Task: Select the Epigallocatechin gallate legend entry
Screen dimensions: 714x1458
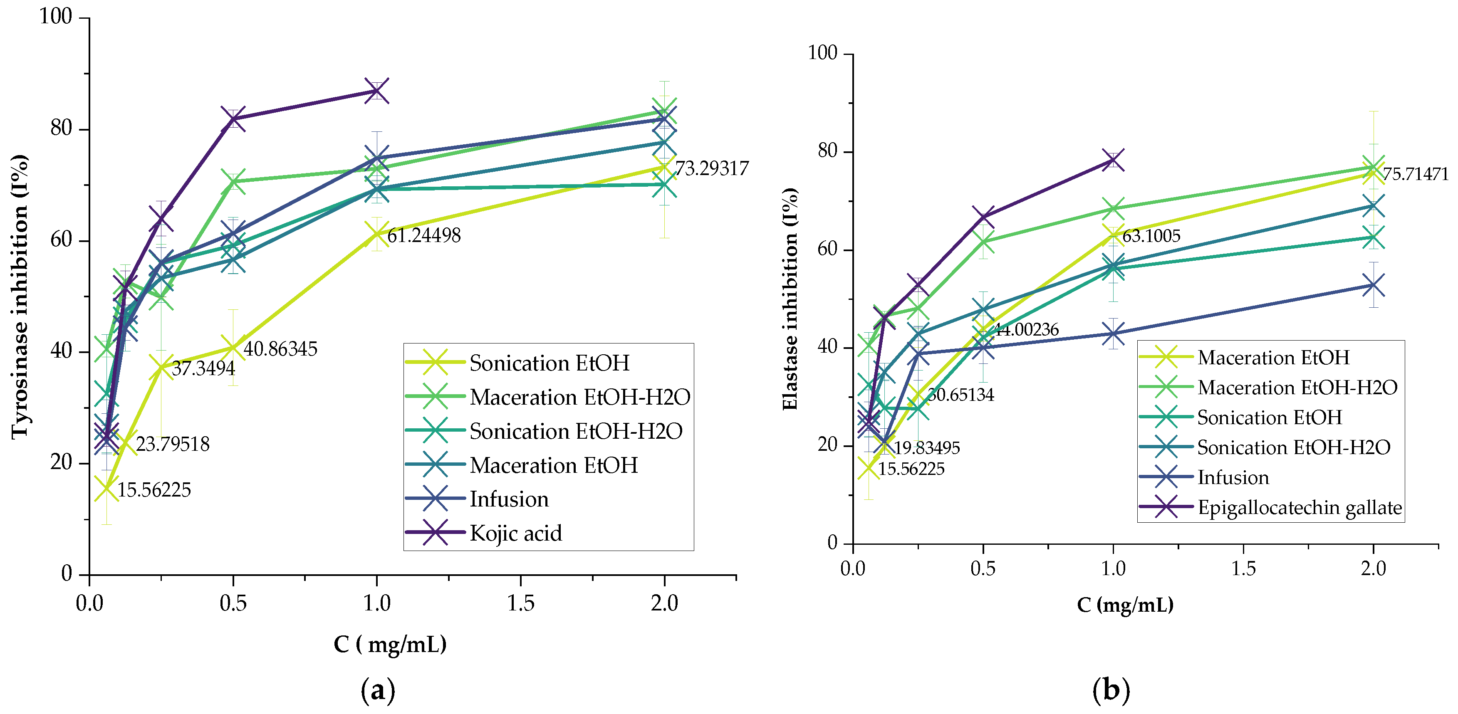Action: coord(1299,507)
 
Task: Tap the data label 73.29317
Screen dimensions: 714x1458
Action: coord(711,168)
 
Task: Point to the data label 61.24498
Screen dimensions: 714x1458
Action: coord(424,235)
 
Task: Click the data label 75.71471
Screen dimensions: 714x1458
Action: coord(1415,174)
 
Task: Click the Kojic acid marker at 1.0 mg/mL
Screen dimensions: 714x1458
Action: coord(377,91)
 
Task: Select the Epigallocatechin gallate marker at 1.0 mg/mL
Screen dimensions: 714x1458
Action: coord(1113,160)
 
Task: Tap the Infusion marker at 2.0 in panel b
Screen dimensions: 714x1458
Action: coord(1373,285)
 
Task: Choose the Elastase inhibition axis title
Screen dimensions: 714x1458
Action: coord(790,298)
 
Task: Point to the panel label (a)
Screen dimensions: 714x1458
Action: coord(378,690)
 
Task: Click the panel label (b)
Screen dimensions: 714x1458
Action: coord(1111,690)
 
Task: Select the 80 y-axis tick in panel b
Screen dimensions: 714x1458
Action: coord(827,152)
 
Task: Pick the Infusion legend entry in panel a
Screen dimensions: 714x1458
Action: coord(508,499)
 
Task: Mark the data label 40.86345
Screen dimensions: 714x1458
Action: coord(280,349)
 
